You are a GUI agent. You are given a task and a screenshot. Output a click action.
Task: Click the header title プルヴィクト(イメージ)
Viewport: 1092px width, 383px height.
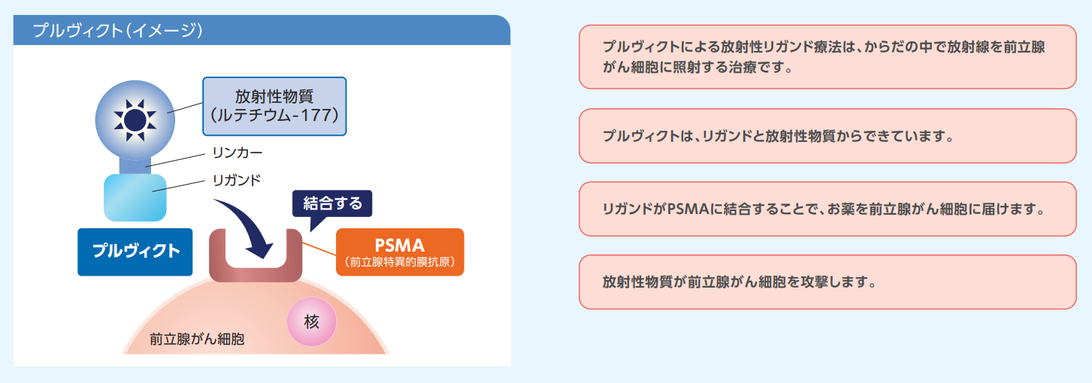coord(117,31)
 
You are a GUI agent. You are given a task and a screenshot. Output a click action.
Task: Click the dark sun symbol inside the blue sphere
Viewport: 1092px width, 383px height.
coord(134,119)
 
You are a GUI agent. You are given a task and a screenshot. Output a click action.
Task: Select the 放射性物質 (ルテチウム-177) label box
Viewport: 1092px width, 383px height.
coord(274,106)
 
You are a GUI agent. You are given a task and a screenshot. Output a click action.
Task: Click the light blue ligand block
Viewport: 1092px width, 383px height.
coord(135,198)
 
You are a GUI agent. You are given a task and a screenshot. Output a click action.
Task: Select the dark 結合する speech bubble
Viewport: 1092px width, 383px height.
coord(332,203)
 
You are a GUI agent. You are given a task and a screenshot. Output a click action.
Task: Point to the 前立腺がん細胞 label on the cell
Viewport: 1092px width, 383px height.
coord(197,339)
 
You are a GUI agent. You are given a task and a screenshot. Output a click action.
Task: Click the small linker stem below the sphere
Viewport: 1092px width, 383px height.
coord(135,164)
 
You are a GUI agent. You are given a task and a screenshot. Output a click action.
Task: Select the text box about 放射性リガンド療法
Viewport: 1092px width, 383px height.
coord(827,57)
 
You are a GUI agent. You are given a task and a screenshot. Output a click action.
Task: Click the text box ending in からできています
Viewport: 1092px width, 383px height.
coord(827,137)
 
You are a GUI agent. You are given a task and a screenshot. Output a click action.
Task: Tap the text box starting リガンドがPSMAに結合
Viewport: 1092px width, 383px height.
coord(827,209)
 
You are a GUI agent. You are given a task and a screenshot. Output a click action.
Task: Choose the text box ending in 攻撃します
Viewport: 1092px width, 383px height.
coord(827,282)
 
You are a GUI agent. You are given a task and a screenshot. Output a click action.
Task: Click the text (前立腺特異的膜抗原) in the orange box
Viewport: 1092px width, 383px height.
coord(400,263)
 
